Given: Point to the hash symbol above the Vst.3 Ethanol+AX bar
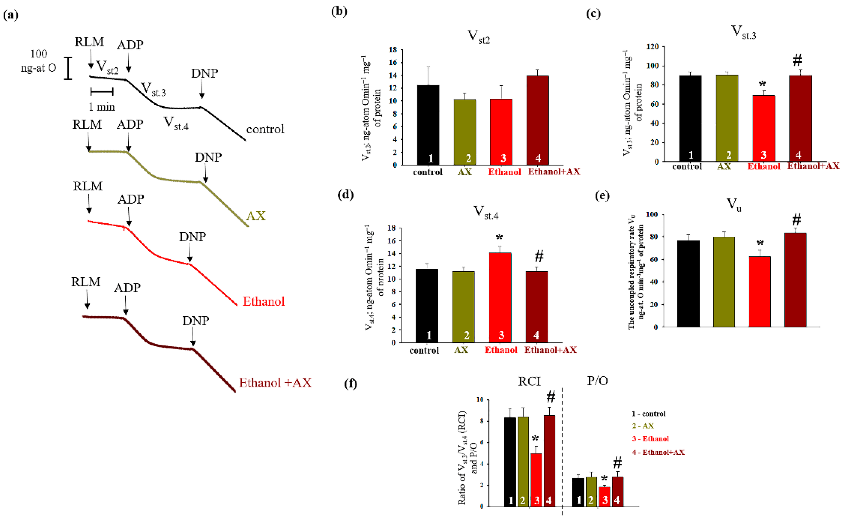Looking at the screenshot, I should coord(797,60).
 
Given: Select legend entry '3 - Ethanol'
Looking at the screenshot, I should coord(650,439).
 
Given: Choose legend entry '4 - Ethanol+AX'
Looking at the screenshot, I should coord(658,452).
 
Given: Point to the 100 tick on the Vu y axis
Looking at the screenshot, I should coord(651,215).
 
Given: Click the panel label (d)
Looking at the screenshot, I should coord(345,195).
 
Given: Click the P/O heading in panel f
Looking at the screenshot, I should coord(597,381).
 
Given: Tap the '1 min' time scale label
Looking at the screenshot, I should coord(102,107).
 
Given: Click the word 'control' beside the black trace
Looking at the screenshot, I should coord(265,129).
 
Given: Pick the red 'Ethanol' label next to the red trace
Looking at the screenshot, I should coord(263,302).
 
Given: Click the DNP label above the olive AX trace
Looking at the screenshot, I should coord(208,157).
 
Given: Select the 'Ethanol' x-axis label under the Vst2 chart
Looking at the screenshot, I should coord(504,172).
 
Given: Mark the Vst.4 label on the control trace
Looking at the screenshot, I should coord(175,123).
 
